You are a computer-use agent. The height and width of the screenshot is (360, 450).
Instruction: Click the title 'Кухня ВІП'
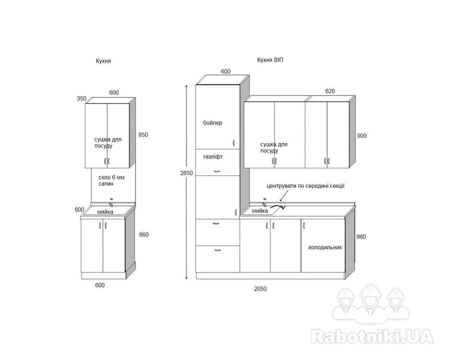click(x=270, y=60)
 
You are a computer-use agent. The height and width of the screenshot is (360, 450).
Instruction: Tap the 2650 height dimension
click(x=186, y=173)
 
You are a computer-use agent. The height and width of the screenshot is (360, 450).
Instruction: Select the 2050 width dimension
click(x=260, y=289)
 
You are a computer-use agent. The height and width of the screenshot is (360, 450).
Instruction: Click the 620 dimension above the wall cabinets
click(x=330, y=91)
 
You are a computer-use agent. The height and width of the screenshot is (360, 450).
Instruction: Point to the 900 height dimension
click(x=362, y=136)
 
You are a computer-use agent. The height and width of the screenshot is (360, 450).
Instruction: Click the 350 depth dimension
click(x=81, y=98)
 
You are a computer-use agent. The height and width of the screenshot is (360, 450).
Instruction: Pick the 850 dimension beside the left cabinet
click(x=143, y=134)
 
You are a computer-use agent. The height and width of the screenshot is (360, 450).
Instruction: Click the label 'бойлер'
click(x=212, y=123)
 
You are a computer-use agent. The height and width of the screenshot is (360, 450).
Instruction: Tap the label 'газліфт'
click(x=213, y=156)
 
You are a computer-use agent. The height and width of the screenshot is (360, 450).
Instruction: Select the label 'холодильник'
click(x=325, y=247)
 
